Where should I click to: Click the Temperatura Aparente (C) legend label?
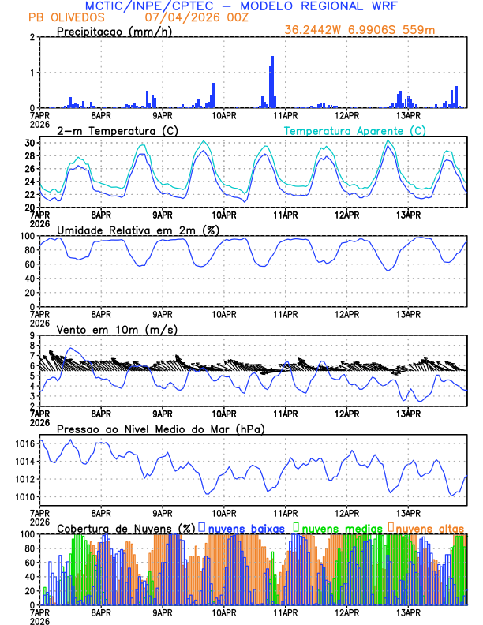pos(354,130)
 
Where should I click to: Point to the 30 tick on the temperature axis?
pos(30,143)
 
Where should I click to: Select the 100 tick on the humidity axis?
pos(27,236)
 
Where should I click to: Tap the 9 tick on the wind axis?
pos(33,335)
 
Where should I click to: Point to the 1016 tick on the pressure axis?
pos(24,443)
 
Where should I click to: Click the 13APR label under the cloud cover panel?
pos(407,612)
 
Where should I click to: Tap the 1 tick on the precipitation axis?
pos(33,73)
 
